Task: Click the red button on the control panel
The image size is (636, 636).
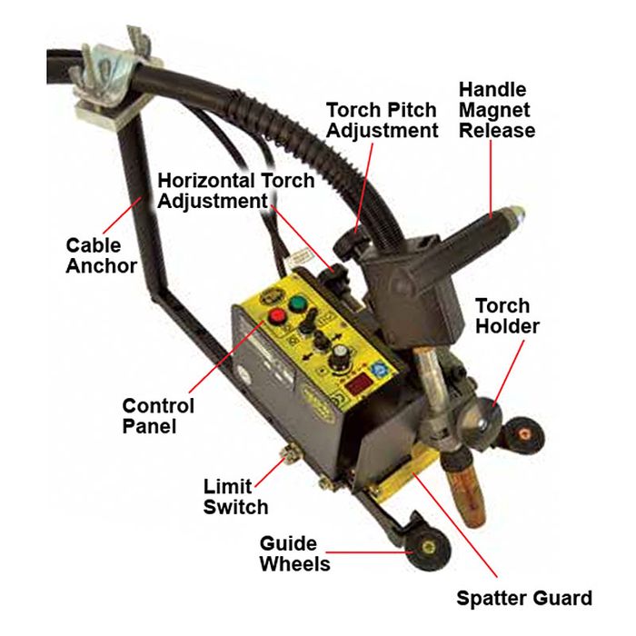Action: pos(278,317)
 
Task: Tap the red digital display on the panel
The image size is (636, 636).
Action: pos(359,385)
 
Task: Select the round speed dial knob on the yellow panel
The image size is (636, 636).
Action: pos(339,354)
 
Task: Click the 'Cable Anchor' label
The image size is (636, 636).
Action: pos(102,256)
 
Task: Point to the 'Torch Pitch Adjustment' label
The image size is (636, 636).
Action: pos(383,120)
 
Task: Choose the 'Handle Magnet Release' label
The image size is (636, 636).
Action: pos(497,110)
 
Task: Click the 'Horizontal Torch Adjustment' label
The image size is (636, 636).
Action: pos(235,191)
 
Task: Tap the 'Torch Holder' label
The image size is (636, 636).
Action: pos(507,316)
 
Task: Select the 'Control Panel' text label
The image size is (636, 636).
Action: pos(158,416)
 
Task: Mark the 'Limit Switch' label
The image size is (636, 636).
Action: pos(235,497)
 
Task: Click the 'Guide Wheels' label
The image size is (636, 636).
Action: pos(295,553)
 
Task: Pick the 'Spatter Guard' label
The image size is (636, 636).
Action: pos(524,598)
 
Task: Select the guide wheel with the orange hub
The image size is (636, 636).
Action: pos(523,436)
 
